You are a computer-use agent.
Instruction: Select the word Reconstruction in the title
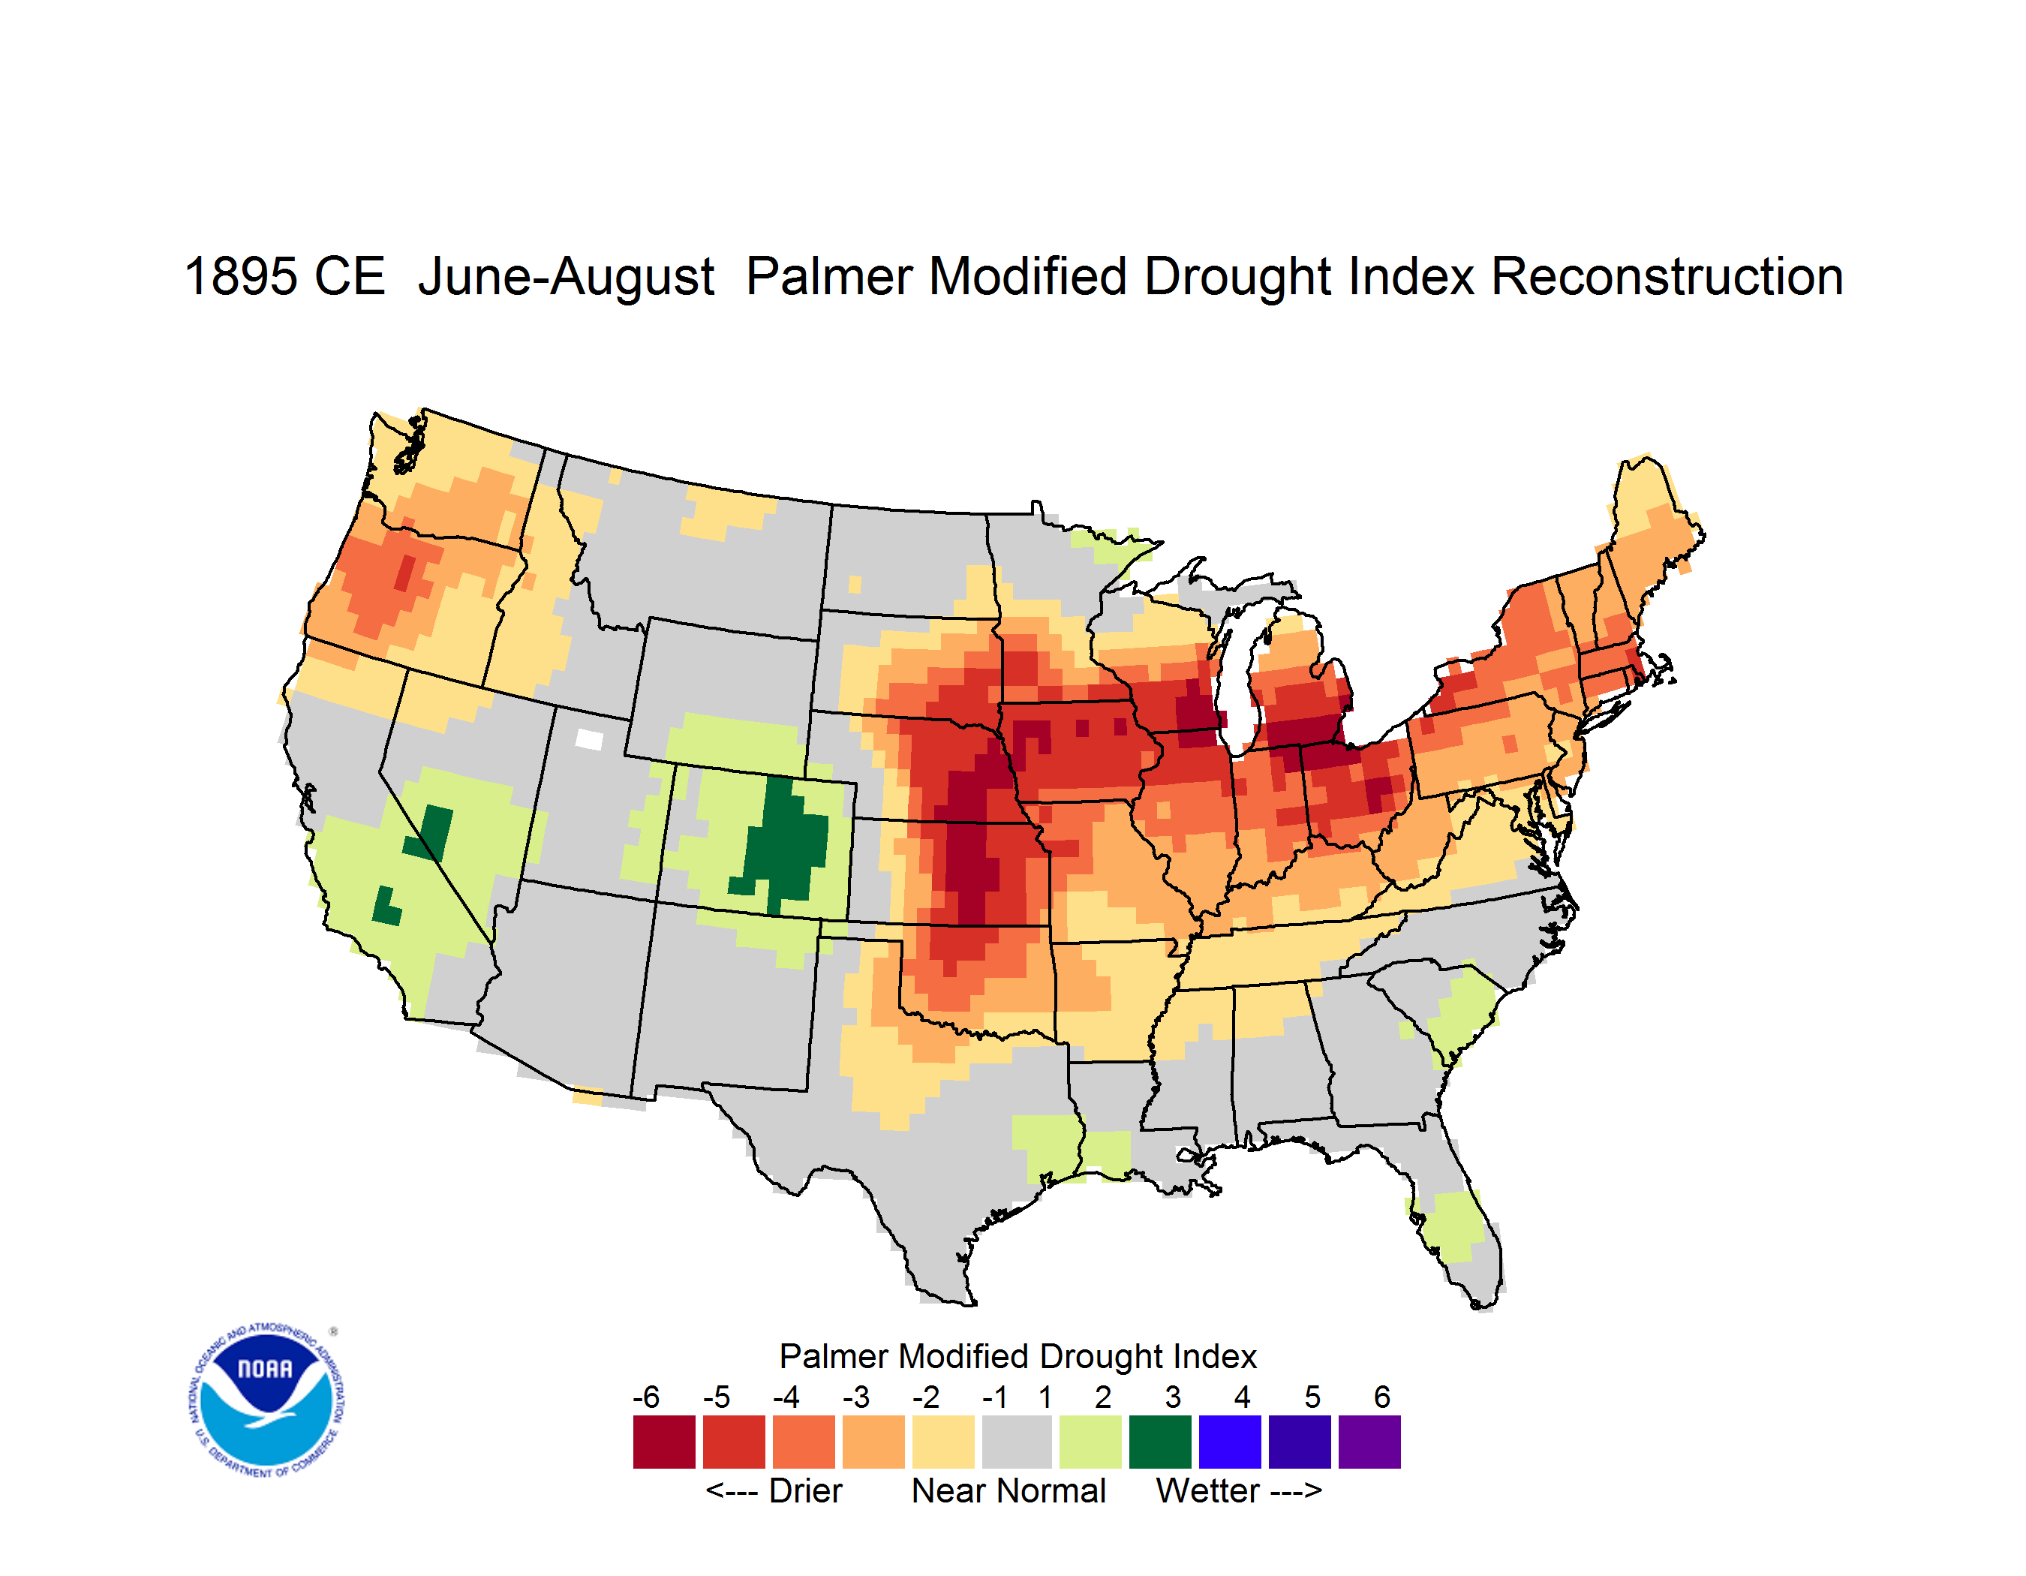[x=1667, y=276]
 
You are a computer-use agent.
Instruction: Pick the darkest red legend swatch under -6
[x=664, y=1442]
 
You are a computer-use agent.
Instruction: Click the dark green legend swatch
[x=1159, y=1442]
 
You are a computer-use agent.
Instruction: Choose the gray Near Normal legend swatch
[x=1017, y=1442]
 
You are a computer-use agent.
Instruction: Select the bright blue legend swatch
[x=1230, y=1442]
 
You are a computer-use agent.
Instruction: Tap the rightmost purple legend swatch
[x=1369, y=1442]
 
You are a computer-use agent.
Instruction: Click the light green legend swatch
[x=1090, y=1442]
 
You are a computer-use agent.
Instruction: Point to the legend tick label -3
[x=856, y=1397]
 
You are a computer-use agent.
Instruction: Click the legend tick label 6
[x=1382, y=1397]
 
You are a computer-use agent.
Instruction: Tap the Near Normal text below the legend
[x=1008, y=1490]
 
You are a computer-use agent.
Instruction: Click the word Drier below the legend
[x=805, y=1490]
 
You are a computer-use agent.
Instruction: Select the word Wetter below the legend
[x=1208, y=1490]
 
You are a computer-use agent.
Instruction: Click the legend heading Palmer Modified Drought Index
[x=1018, y=1356]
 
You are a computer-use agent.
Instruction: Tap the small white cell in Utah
[x=589, y=739]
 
